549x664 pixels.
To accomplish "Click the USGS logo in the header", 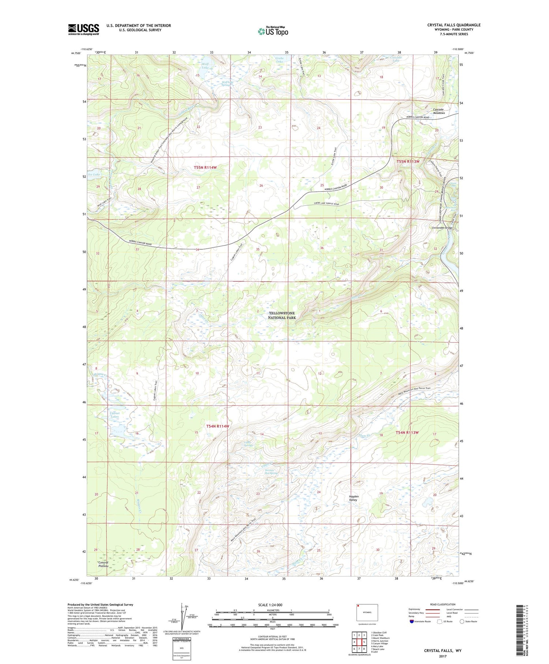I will pos(83,29).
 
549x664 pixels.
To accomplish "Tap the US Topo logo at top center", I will pos(273,31).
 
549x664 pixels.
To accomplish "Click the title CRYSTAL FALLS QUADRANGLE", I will pos(453,25).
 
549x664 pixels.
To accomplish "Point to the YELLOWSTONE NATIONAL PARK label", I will pos(281,315).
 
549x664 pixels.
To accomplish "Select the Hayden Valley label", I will pos(353,498).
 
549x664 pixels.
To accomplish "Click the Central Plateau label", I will pos(103,564).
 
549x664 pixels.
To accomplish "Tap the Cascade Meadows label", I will pos(439,111).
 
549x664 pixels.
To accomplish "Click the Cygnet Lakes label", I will pos(115,415).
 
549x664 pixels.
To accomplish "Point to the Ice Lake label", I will pos(94,174).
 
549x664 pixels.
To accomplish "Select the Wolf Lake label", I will pos(205,66).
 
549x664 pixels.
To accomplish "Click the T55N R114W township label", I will pos(205,167).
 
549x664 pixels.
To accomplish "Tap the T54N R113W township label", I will pos(407,433).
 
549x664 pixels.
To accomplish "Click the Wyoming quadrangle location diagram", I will pos(367,612).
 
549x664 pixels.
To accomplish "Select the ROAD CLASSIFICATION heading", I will pos(443,604).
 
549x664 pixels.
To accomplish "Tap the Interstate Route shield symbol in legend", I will pos(412,622).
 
